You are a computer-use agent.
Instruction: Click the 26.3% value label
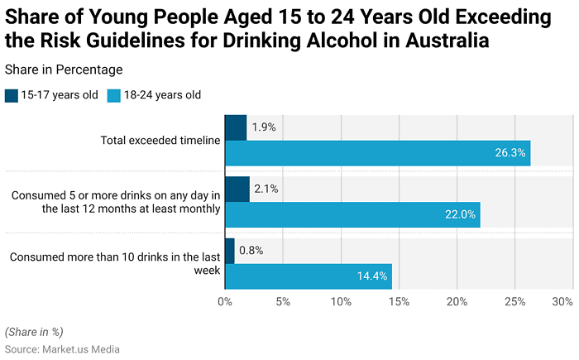click(x=510, y=153)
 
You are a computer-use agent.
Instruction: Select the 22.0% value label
click(x=460, y=214)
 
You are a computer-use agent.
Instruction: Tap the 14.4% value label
click(x=372, y=276)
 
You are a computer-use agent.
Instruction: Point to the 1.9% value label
click(x=264, y=127)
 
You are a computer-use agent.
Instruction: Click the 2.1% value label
click(x=266, y=189)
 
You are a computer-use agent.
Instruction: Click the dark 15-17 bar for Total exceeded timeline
click(x=235, y=128)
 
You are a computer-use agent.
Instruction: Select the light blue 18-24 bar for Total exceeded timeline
click(x=377, y=153)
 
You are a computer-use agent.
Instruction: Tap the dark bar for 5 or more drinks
click(x=237, y=190)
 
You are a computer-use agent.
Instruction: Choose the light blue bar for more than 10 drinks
click(x=308, y=276)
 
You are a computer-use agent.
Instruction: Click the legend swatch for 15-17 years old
click(x=11, y=95)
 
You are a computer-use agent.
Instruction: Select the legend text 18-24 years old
click(x=162, y=95)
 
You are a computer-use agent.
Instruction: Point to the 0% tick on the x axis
click(x=224, y=301)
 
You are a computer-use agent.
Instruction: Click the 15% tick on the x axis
click(x=399, y=301)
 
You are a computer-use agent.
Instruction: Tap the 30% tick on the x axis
click(x=562, y=301)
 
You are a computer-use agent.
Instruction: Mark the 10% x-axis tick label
click(x=341, y=301)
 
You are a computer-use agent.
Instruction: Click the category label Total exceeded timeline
click(x=160, y=141)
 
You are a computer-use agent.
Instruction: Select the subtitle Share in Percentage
click(x=64, y=70)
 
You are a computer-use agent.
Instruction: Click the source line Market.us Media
click(x=62, y=349)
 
